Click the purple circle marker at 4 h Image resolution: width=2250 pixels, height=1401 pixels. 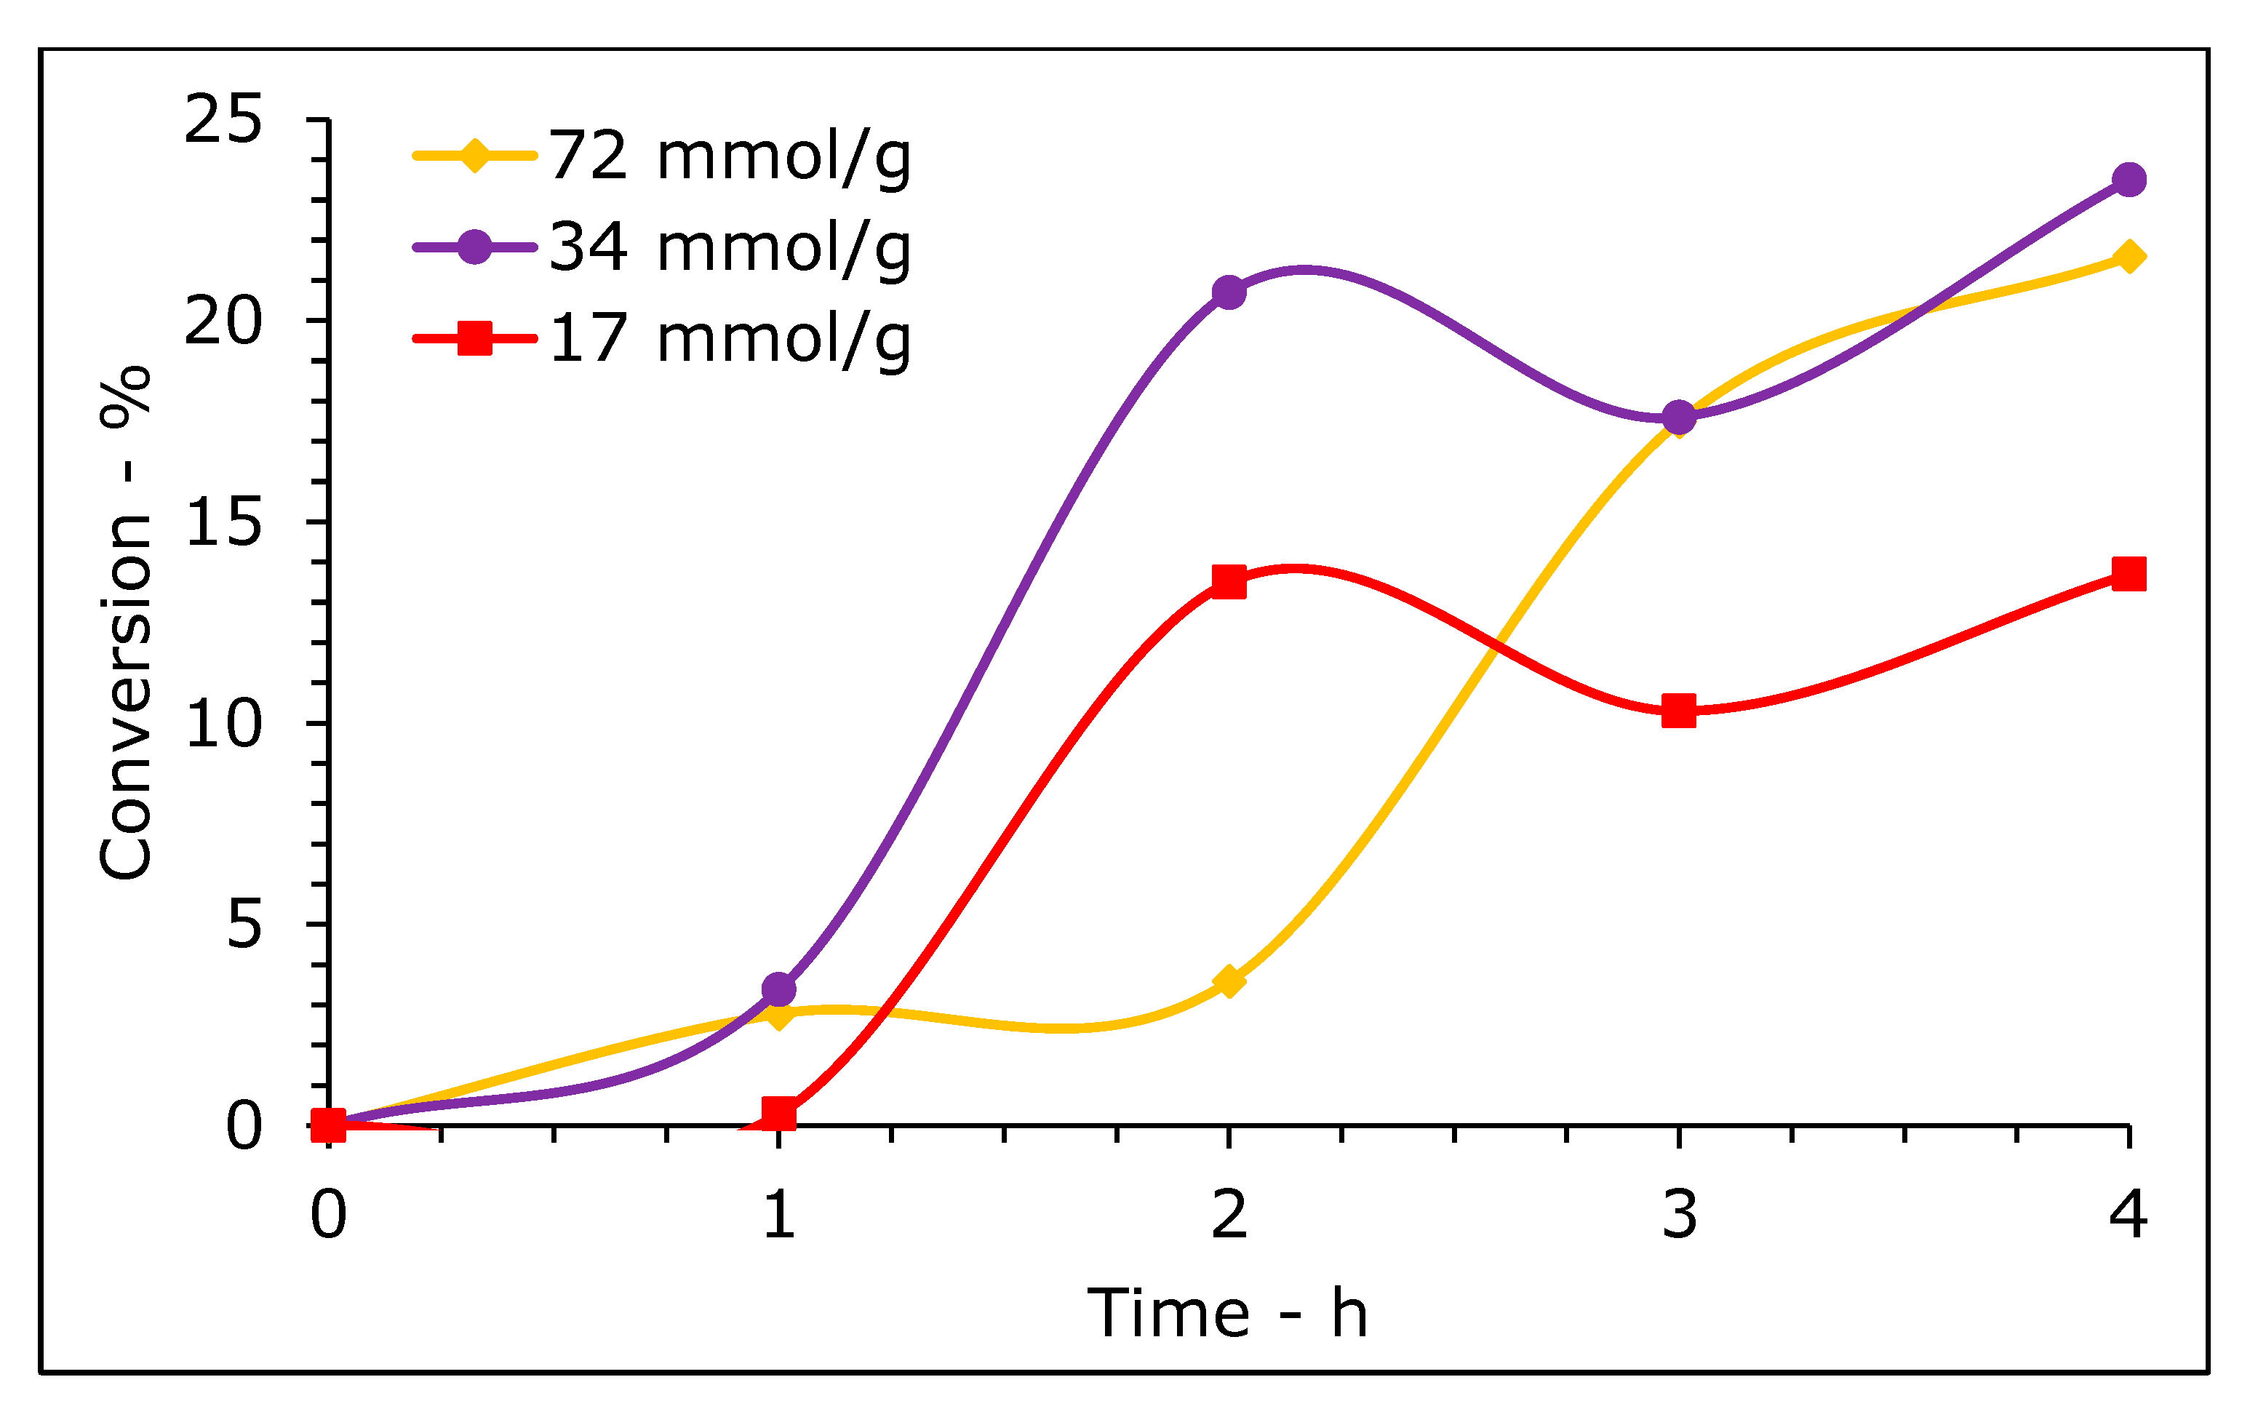2129,180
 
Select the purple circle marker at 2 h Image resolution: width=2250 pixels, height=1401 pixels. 1229,293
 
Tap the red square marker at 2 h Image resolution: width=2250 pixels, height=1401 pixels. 1229,582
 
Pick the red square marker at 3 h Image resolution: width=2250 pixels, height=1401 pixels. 1679,711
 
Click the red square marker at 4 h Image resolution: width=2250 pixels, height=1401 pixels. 2129,573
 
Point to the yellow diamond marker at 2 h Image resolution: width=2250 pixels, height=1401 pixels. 1229,981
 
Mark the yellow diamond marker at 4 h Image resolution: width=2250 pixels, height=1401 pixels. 2129,257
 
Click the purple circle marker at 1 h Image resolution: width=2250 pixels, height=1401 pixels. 778,989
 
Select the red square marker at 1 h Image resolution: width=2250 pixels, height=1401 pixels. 778,1113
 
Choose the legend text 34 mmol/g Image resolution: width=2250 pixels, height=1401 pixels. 730,247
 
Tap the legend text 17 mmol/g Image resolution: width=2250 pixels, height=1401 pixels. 730,338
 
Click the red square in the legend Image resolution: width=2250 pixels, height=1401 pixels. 474,338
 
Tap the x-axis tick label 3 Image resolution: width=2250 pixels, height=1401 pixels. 1679,1215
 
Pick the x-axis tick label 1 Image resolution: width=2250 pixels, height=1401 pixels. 778,1215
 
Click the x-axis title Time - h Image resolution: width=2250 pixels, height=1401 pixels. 1228,1313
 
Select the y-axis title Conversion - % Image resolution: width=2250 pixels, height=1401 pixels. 126,622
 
